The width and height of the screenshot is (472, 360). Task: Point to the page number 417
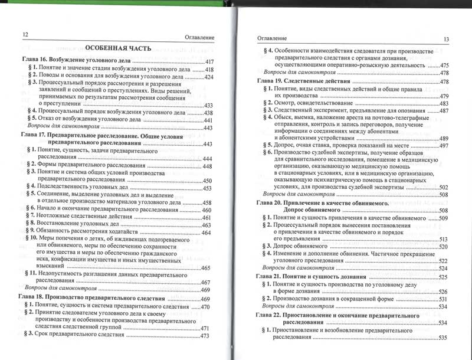(208, 61)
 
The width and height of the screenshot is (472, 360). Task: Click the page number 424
(208, 77)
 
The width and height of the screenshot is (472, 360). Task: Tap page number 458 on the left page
(208, 202)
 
